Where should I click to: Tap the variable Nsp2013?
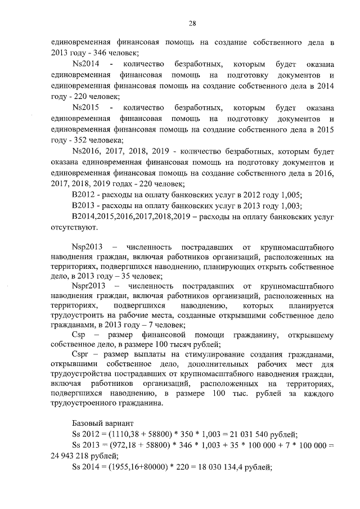[x=88, y=247]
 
